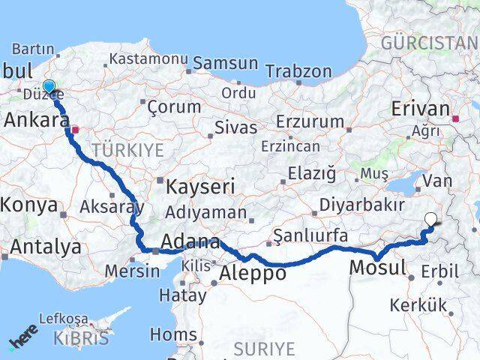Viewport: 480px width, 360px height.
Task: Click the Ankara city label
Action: pyautogui.click(x=34, y=119)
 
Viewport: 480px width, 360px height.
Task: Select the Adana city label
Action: pyautogui.click(x=190, y=243)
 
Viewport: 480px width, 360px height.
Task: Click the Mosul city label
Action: pyautogui.click(x=377, y=267)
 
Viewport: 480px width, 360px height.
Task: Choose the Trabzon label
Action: pyautogui.click(x=298, y=72)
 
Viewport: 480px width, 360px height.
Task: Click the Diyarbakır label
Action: pyautogui.click(x=363, y=205)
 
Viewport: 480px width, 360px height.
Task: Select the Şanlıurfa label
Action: pyautogui.click(x=309, y=236)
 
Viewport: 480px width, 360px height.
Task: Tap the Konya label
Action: pyautogui.click(x=29, y=205)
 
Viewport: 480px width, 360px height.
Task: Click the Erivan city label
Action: pyautogui.click(x=420, y=109)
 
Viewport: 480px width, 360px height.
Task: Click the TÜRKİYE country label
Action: pyautogui.click(x=127, y=151)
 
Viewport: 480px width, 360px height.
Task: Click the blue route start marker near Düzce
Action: pyautogui.click(x=49, y=87)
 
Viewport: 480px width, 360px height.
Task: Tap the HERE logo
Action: pyautogui.click(x=23, y=343)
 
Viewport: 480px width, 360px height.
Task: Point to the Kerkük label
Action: pyautogui.click(x=418, y=305)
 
